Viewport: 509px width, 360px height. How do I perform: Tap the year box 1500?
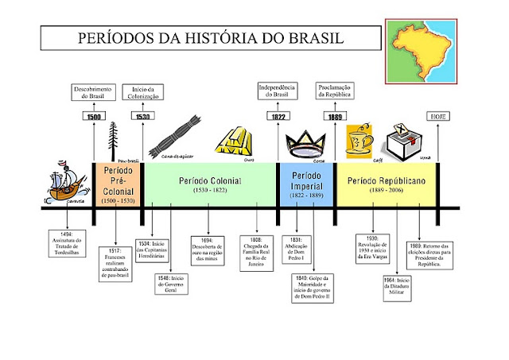click(94, 116)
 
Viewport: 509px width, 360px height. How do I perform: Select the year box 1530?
click(143, 116)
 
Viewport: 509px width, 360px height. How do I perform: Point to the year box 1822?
click(278, 116)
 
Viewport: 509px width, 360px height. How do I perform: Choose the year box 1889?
click(335, 116)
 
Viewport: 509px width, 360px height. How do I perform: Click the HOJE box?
click(440, 116)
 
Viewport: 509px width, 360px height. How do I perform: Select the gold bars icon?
click(235, 142)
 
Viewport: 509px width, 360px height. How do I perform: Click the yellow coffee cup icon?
click(360, 141)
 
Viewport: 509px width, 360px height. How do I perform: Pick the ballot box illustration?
click(402, 144)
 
